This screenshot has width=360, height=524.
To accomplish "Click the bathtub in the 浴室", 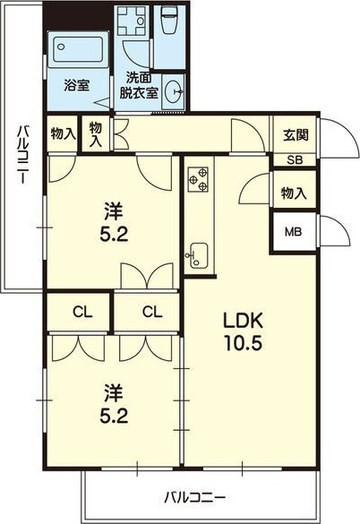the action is [x=78, y=48].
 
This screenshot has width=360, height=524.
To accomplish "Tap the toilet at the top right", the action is [x=170, y=19].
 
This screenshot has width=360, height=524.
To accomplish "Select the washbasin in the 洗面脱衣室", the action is [x=173, y=90].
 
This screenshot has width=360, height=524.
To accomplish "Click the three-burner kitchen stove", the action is [x=198, y=180].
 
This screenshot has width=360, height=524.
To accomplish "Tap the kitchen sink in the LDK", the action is [x=198, y=255].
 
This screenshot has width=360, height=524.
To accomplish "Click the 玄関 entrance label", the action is [x=296, y=135].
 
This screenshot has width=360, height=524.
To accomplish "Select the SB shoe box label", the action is [x=295, y=160].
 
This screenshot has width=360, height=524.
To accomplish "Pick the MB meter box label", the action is [x=293, y=232].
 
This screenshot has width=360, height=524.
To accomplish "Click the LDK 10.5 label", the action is [x=243, y=331].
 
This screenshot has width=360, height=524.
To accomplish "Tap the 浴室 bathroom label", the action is [x=77, y=86].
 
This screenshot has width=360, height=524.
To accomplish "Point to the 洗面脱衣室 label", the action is [x=139, y=86].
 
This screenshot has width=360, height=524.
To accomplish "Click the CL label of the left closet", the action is [x=82, y=313].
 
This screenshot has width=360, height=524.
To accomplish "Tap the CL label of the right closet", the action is [x=152, y=313].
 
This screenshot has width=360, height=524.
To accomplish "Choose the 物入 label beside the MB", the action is [x=294, y=193].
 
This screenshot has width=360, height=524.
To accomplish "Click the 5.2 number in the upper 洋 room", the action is [x=114, y=235].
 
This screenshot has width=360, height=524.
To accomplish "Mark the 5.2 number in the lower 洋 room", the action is [x=114, y=416].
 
